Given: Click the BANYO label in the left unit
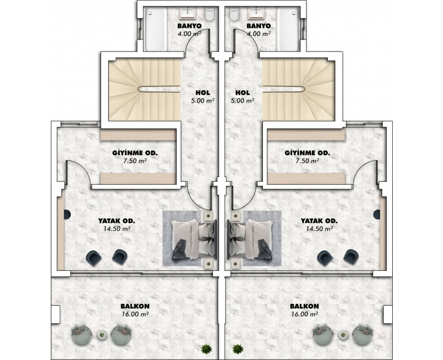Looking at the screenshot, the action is tap(189, 26).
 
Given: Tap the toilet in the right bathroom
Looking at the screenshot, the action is tap(234, 14).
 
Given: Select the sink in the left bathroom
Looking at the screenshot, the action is tap(187, 13).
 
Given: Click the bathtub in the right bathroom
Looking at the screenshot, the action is tap(288, 29).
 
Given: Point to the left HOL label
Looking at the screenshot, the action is tap(203, 93).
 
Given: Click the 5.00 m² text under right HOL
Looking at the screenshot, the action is tap(242, 100).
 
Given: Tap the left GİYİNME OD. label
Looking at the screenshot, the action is tap(135, 153).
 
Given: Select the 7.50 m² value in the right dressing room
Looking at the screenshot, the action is tap(307, 161).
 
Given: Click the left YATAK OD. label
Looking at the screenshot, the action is tap(117, 221).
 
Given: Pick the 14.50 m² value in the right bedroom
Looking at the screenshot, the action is tap(319, 229).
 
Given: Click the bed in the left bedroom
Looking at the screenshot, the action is tap(194, 240).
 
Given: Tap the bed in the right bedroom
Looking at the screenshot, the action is tap(250, 240).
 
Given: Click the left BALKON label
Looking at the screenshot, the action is tap(135, 306).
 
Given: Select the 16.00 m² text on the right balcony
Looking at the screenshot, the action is tap(305, 314).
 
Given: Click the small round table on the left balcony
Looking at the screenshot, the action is tap(102, 335).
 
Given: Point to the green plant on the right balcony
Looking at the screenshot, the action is tap(237, 349).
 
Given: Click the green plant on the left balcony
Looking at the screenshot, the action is tap(207, 349).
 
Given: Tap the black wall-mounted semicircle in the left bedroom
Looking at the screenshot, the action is tap(67, 215).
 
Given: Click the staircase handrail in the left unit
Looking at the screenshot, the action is tap(159, 89).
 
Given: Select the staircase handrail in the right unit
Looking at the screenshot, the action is tap(284, 89).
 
